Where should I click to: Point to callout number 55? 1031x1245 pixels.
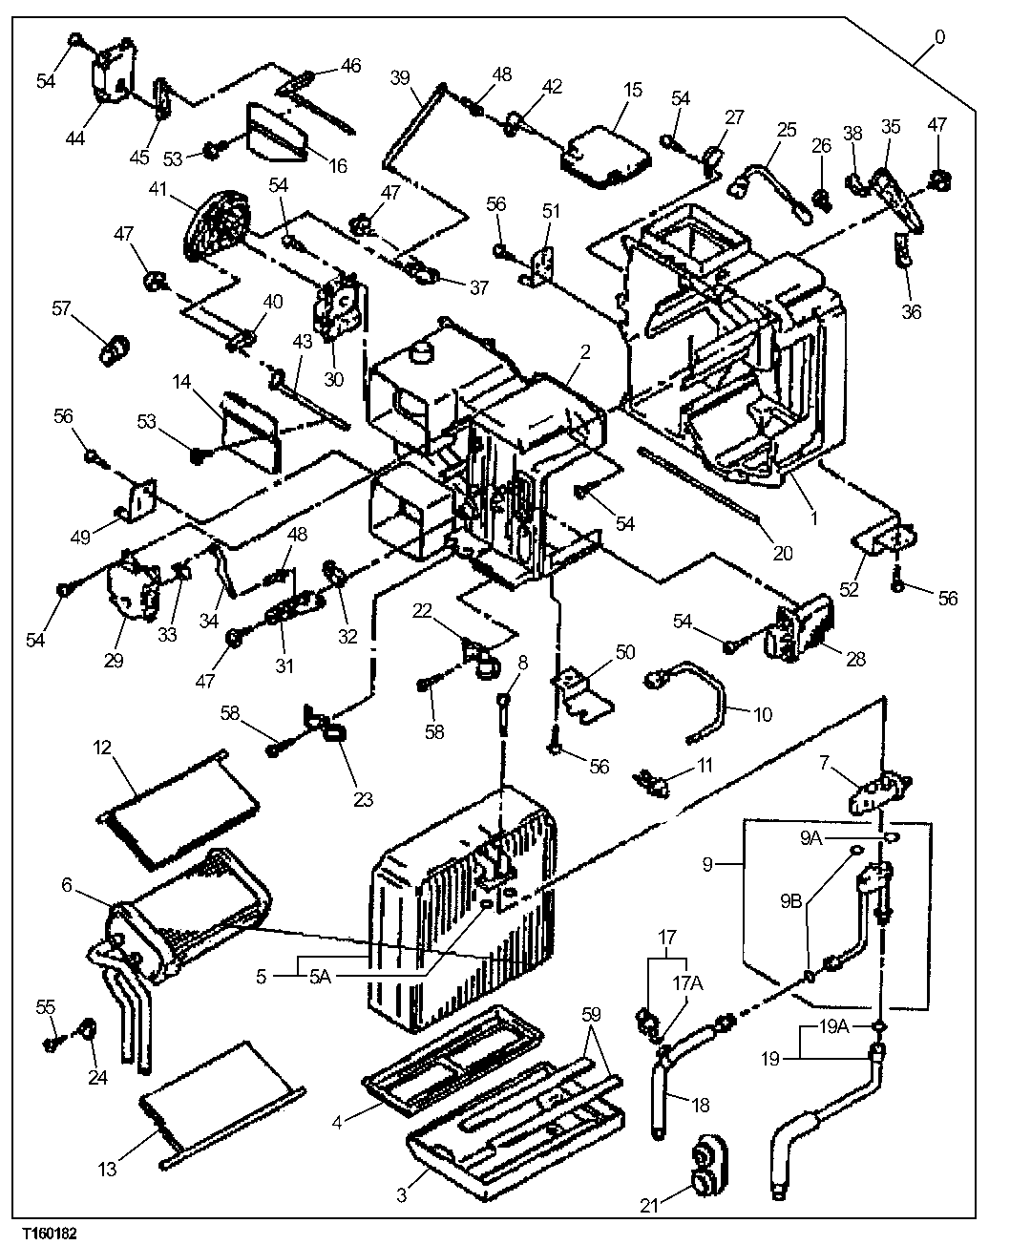[45, 1007]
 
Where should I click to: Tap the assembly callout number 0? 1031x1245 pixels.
[939, 37]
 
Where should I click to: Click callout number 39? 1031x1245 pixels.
[399, 77]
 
